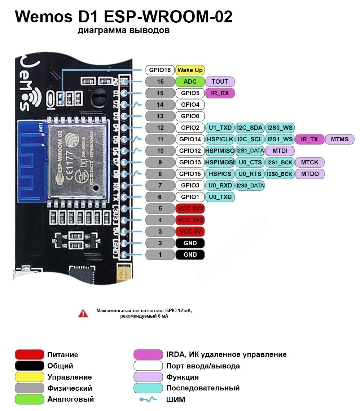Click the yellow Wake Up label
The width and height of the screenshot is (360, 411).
[190, 70]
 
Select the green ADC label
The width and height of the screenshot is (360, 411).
[190, 81]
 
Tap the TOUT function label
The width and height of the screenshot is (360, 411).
[220, 81]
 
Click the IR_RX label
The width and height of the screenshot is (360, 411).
[220, 93]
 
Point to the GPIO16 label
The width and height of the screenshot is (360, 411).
[160, 70]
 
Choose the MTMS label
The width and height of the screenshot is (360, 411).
[340, 139]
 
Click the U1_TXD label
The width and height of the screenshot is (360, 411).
[220, 128]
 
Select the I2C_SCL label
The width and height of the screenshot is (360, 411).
[250, 139]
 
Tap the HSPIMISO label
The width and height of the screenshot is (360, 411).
[220, 151]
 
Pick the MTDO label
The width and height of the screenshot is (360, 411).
[310, 174]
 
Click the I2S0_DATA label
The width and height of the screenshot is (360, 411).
[250, 185]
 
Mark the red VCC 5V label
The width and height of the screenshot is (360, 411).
[190, 231]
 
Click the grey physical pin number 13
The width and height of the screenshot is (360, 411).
[160, 116]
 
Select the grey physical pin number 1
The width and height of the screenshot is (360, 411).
[160, 255]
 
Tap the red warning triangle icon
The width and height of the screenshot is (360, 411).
[83, 313]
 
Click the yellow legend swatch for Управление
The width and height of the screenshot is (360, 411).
[30, 377]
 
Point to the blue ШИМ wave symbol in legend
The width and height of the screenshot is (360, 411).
[148, 399]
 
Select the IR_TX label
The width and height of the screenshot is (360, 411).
[310, 139]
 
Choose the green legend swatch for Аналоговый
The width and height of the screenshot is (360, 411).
[30, 399]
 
